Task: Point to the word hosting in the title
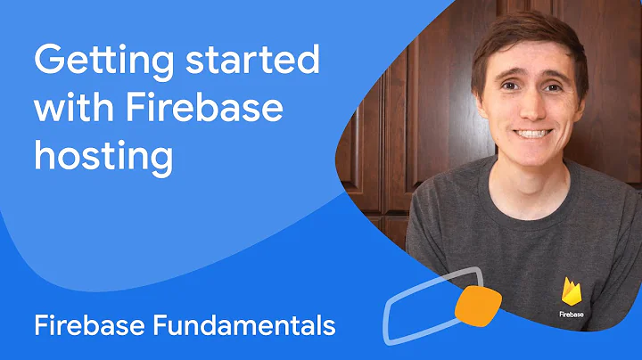point(103,157)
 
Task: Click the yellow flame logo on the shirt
point(572,292)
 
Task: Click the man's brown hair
point(526,31)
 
